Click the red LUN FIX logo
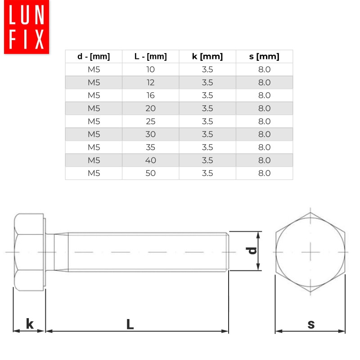point(27,27)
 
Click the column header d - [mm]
point(93,57)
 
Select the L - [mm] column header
point(150,57)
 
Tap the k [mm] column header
point(207,57)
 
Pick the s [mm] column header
point(264,57)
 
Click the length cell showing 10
point(150,70)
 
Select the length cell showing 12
point(150,83)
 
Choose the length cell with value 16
point(150,95)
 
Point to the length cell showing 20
point(150,108)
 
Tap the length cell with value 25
point(150,121)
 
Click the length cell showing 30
point(150,134)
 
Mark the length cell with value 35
point(150,147)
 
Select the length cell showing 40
point(150,160)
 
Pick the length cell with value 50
point(150,173)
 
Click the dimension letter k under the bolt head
point(30,324)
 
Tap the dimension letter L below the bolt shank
point(130,324)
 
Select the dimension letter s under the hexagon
point(311,324)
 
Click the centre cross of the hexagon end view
point(310,252)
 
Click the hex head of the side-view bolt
point(29,252)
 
